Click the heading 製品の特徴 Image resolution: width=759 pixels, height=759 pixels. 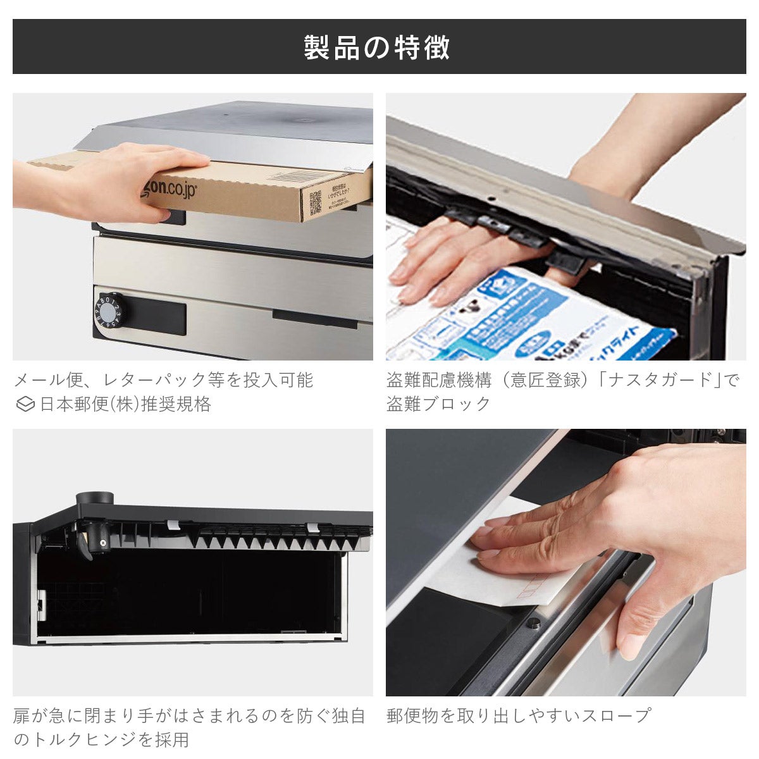point(378,47)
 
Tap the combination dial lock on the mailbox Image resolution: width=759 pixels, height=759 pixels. point(108,313)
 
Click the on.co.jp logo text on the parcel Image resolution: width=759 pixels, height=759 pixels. point(168,187)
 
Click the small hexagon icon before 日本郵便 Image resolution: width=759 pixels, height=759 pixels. point(25,404)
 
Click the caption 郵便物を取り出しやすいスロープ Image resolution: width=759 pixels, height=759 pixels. point(519,715)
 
